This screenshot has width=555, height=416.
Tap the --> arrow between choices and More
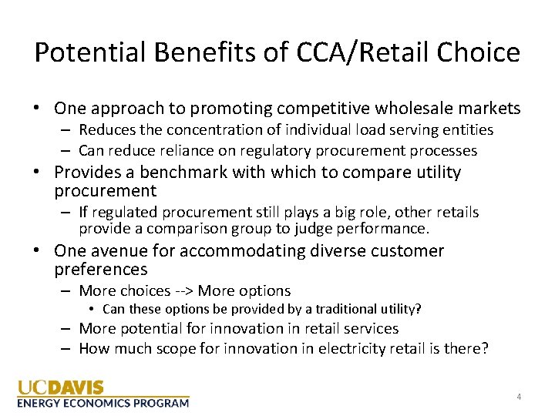point(184,290)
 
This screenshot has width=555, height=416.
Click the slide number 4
point(519,397)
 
